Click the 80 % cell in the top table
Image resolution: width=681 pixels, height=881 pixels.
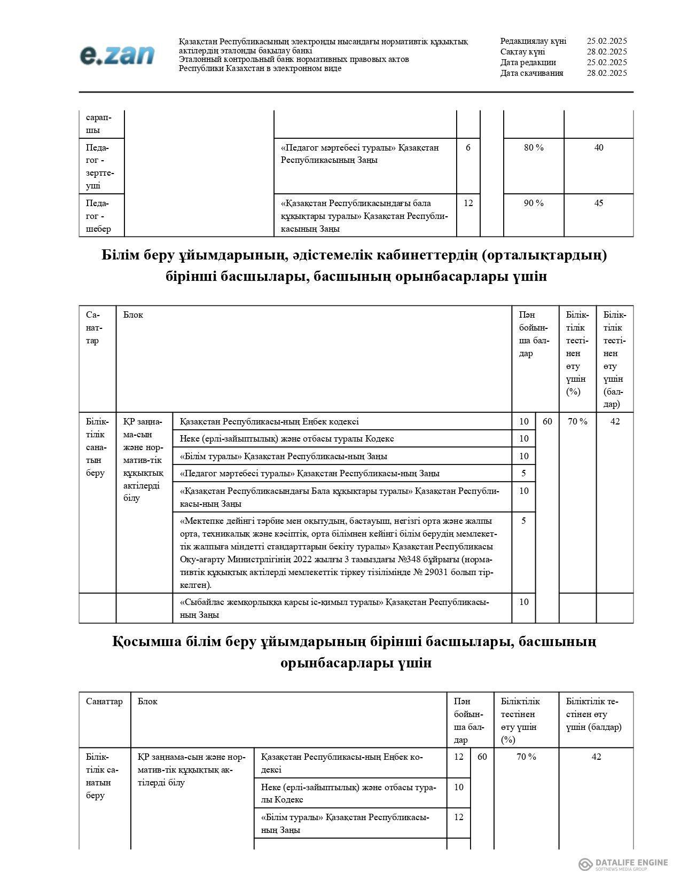click(533, 147)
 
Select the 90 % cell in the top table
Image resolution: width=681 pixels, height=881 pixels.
click(533, 203)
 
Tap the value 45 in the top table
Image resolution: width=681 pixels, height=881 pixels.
click(598, 203)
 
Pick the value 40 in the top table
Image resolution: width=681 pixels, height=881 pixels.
click(598, 147)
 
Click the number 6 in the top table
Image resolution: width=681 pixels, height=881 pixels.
click(468, 147)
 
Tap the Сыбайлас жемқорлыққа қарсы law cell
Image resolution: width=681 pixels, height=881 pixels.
click(334, 608)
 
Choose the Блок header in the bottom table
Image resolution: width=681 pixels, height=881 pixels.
click(147, 701)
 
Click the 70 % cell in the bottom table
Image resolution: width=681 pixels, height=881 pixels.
click(526, 757)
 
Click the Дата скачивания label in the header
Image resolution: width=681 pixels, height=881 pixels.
click(531, 73)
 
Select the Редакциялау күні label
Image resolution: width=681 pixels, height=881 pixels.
click(533, 41)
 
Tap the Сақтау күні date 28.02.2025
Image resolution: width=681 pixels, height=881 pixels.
click(606, 52)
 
